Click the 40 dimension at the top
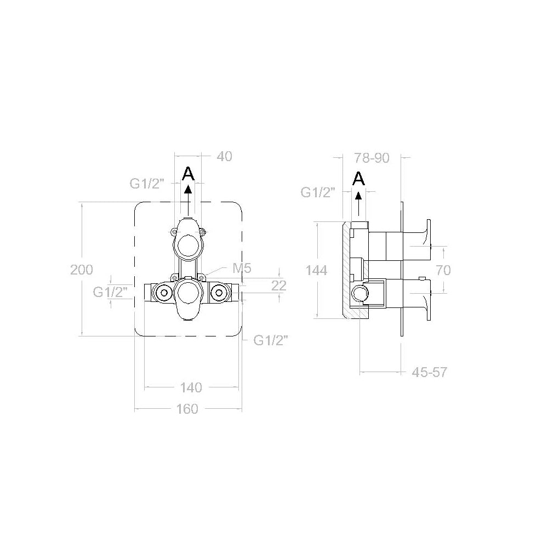(x=224, y=157)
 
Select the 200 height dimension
(x=82, y=270)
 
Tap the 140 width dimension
(x=191, y=388)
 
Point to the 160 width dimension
(x=187, y=409)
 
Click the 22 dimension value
(x=279, y=285)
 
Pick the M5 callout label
(x=242, y=268)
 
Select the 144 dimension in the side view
(x=316, y=270)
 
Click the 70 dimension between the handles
(x=443, y=270)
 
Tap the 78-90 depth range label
(x=372, y=158)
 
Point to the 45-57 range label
(x=430, y=373)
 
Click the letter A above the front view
(x=188, y=174)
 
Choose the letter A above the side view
(x=358, y=178)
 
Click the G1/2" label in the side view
(x=318, y=192)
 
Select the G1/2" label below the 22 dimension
(x=271, y=340)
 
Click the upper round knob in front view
(x=189, y=244)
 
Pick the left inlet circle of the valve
(x=162, y=293)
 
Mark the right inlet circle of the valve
(x=219, y=293)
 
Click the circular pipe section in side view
(x=359, y=294)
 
